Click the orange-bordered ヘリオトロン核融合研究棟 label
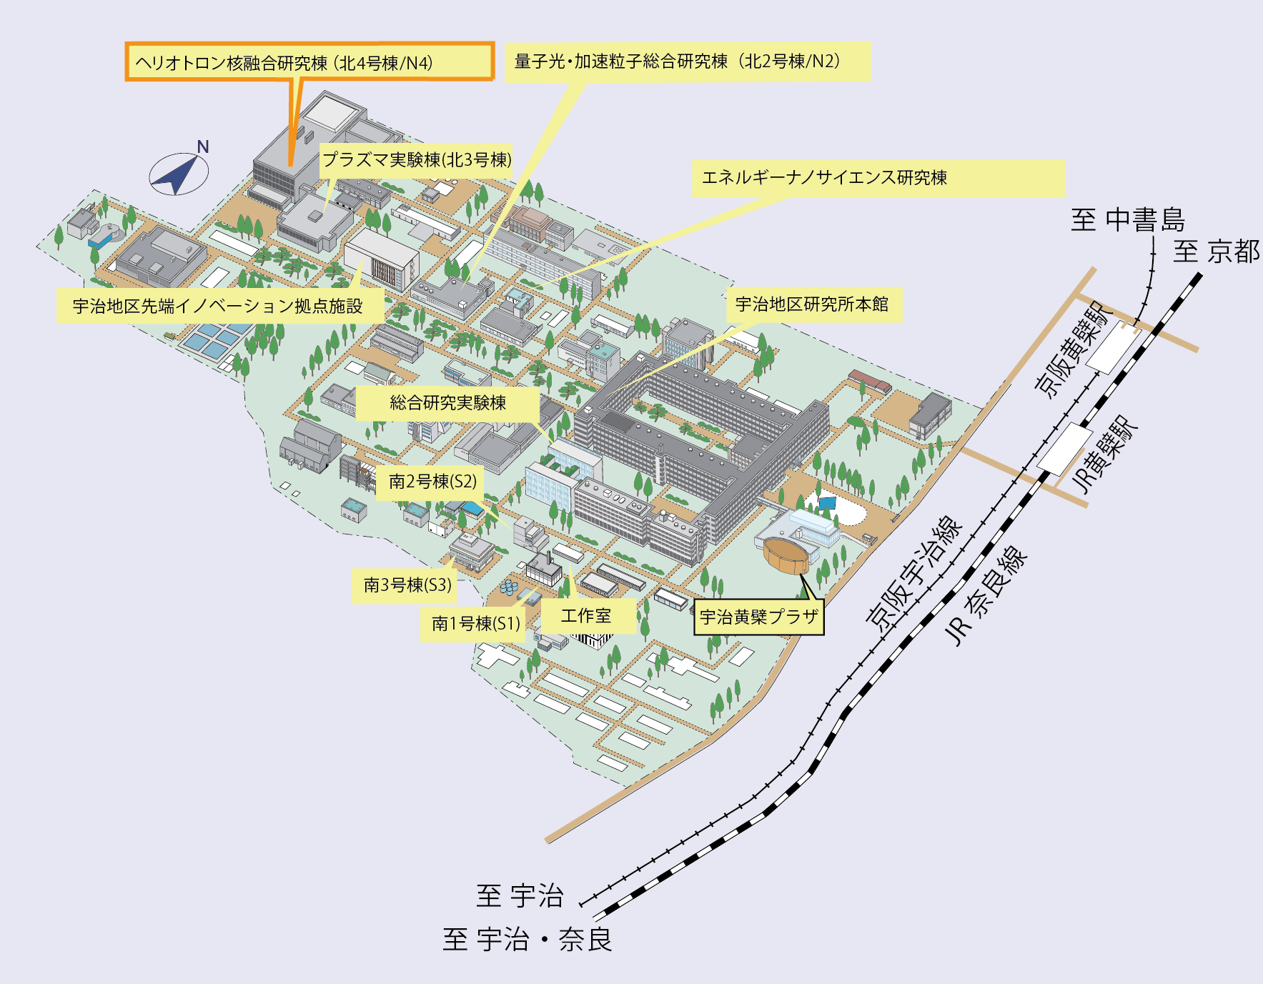point(309,61)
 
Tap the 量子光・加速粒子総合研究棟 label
point(688,61)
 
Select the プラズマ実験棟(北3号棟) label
point(417,159)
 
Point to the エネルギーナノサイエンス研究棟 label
point(878,178)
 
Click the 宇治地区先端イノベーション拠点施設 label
point(220,306)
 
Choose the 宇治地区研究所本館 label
point(814,304)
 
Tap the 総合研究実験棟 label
point(447,403)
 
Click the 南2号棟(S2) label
point(432,482)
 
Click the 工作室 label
point(588,616)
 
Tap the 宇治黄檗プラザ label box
point(759,617)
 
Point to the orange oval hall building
point(786,555)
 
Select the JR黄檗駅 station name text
point(1105,455)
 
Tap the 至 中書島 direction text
point(1128,219)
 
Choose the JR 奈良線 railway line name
point(986,596)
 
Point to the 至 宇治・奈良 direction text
point(528,939)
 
